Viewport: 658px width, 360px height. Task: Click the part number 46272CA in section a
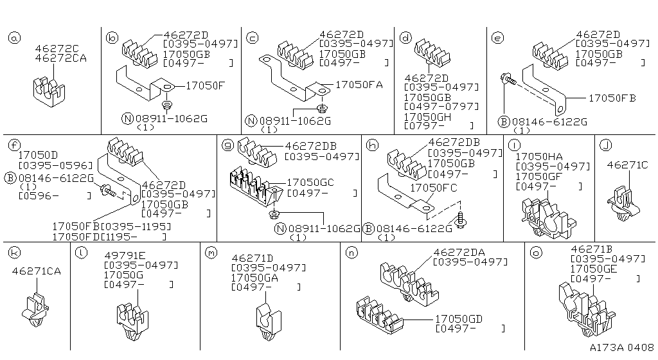coord(61,58)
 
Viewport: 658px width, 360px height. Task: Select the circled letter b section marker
coord(112,39)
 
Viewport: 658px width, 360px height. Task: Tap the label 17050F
coord(205,85)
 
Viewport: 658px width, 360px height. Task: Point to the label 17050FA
coord(359,85)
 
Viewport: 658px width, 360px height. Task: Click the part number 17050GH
coord(427,116)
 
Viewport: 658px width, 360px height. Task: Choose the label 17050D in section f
coord(38,155)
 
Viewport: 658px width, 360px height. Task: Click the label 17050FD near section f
coord(76,237)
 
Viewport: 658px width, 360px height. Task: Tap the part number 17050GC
coord(310,183)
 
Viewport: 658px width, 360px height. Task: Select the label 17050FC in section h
coord(434,188)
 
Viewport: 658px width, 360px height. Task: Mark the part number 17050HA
coord(539,156)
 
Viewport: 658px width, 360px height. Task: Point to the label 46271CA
coord(37,271)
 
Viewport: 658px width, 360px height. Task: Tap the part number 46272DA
coord(459,253)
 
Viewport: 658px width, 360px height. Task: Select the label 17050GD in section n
coord(459,319)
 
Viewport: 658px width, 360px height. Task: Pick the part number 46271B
coord(592,249)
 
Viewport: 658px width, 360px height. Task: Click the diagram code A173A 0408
coord(622,348)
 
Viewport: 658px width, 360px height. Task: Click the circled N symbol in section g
coord(280,229)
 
